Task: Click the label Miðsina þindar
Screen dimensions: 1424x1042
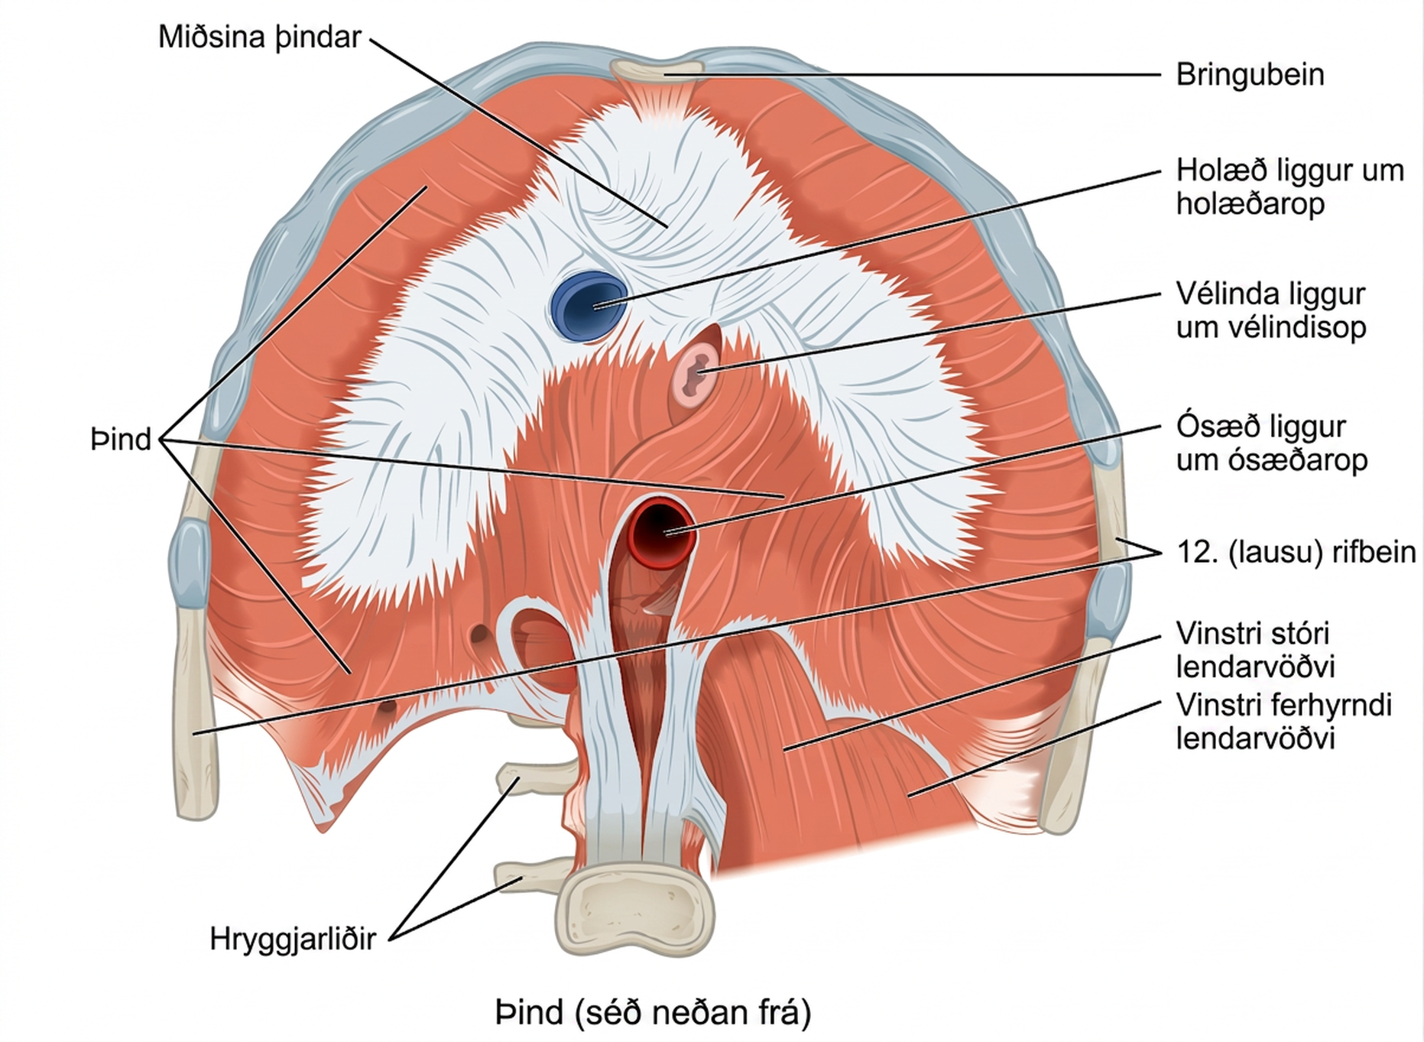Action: (259, 37)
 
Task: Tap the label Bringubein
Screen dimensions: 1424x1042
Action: (1250, 75)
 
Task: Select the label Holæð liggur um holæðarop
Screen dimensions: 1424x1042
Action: (1290, 187)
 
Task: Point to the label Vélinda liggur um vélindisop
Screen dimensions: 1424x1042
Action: (1271, 310)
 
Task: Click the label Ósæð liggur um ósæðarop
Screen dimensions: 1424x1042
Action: (1271, 443)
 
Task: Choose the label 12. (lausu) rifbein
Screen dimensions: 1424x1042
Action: (1296, 551)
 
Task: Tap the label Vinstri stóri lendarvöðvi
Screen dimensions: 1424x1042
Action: (1255, 650)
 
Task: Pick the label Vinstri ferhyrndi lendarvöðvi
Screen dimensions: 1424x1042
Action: (1284, 721)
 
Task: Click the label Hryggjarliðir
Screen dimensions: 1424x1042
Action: (293, 939)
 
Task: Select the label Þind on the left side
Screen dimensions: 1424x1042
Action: (121, 440)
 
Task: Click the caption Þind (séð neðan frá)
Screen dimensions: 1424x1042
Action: (653, 1012)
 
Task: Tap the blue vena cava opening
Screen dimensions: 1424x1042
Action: (588, 305)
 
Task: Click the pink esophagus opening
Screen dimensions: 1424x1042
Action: (695, 375)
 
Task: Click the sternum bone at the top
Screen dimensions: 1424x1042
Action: (657, 70)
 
